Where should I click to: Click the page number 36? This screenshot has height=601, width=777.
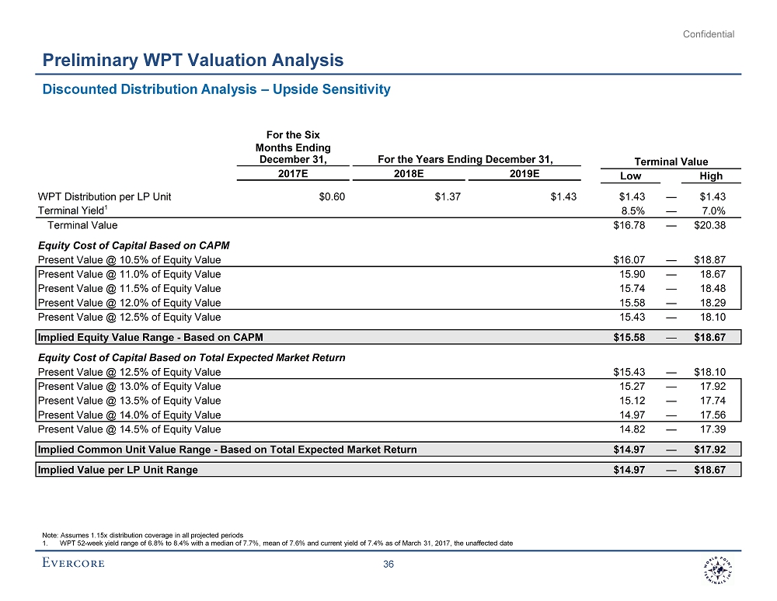(389, 565)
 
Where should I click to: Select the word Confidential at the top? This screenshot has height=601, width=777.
(709, 34)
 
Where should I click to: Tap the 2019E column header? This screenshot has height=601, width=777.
(525, 174)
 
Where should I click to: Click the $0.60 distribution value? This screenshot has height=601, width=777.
(332, 196)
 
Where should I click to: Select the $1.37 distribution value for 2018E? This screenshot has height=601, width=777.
(448, 196)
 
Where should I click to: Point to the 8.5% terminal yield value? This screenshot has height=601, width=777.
(636, 210)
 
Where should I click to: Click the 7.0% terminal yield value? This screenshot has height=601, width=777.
(713, 210)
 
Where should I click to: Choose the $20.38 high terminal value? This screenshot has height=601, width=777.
(709, 225)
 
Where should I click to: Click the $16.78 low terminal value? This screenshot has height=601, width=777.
(632, 225)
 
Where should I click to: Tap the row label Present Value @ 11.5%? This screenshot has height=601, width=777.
(129, 288)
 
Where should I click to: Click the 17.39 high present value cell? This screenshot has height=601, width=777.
(713, 429)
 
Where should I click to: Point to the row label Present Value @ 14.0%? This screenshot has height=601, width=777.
(129, 415)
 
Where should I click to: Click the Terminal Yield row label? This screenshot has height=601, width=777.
(71, 210)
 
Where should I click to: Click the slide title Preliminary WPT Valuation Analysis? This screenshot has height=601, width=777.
(193, 60)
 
